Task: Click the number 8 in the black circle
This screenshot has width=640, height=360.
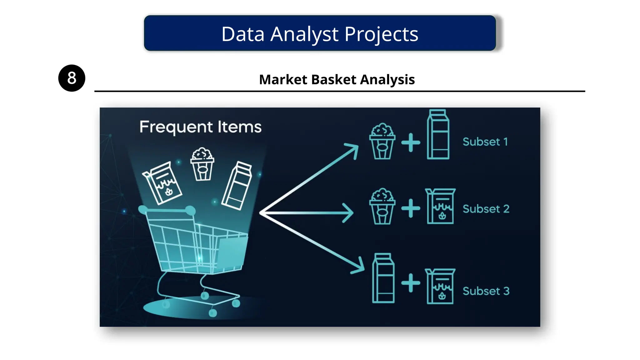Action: click(x=72, y=78)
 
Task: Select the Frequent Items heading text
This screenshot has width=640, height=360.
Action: click(x=200, y=127)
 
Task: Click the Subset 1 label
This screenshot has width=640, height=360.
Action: click(x=485, y=142)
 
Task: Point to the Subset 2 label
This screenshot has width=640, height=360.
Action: click(x=486, y=209)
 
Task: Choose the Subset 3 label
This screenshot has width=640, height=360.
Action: click(x=486, y=291)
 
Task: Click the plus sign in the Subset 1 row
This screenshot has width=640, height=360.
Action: click(x=411, y=142)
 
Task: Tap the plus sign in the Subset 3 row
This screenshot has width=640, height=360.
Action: click(x=411, y=283)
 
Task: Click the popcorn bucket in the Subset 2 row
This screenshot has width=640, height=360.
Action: click(x=382, y=207)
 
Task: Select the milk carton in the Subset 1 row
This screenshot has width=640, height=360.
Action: click(x=438, y=135)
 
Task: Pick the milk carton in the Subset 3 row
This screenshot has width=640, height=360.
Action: click(x=383, y=278)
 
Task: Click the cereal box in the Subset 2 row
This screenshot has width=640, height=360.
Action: click(x=440, y=207)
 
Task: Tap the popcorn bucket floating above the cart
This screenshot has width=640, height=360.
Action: click(x=202, y=165)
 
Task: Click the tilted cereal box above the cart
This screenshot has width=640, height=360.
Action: click(x=162, y=183)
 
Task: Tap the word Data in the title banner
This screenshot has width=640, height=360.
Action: click(x=243, y=34)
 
